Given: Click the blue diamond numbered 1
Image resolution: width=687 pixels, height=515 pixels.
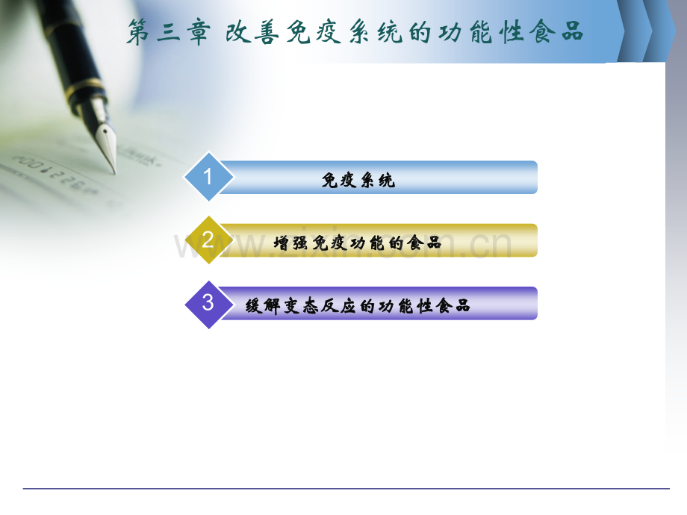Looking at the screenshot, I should tap(208, 177).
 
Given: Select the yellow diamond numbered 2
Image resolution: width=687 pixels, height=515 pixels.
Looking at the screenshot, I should tap(208, 240).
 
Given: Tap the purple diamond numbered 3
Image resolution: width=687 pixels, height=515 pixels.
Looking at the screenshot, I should tap(208, 303).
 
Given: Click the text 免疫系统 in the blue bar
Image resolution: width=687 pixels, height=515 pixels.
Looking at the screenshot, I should tap(358, 180).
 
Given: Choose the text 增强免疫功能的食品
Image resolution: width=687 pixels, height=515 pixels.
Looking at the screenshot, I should tap(358, 243).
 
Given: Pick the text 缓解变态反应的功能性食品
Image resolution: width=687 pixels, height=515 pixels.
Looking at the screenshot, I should tap(358, 306).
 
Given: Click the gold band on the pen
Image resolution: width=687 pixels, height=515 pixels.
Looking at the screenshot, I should tap(84, 91).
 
